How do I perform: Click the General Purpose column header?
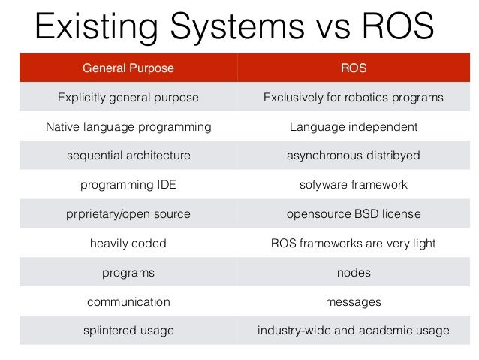pyautogui.click(x=128, y=68)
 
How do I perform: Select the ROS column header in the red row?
pyautogui.click(x=353, y=68)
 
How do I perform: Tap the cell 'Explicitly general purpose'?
pyautogui.click(x=128, y=98)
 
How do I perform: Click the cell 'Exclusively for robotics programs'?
pyautogui.click(x=353, y=98)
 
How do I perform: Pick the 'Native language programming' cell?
pyautogui.click(x=128, y=127)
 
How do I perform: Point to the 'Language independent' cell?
pyautogui.click(x=353, y=127)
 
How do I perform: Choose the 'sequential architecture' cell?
pyautogui.click(x=128, y=156)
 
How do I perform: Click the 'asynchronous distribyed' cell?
pyautogui.click(x=353, y=156)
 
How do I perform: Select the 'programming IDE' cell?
pyautogui.click(x=128, y=185)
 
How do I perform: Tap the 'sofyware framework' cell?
pyautogui.click(x=353, y=185)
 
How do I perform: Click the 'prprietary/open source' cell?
pyautogui.click(x=128, y=214)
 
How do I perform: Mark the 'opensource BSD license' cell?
pyautogui.click(x=353, y=214)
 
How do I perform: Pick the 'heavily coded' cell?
pyautogui.click(x=128, y=244)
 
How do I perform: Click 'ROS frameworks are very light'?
pyautogui.click(x=353, y=244)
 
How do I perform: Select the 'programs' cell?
pyautogui.click(x=128, y=273)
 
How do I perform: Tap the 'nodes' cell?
pyautogui.click(x=353, y=273)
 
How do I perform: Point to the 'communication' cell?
pyautogui.click(x=128, y=302)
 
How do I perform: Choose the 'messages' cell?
pyautogui.click(x=353, y=302)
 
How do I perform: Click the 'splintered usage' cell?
pyautogui.click(x=128, y=331)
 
